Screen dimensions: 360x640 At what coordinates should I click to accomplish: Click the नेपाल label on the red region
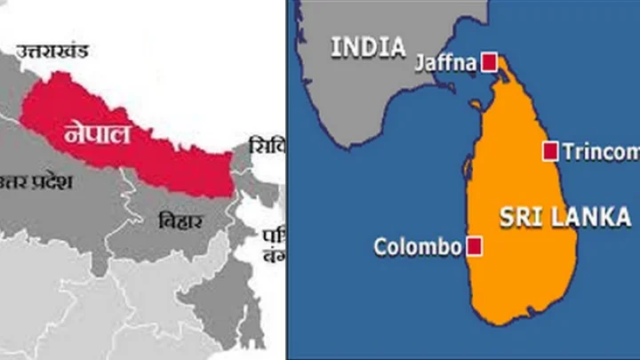98,136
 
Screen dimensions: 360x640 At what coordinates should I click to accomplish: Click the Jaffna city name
444,62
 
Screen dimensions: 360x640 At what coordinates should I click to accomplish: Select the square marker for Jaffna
489,61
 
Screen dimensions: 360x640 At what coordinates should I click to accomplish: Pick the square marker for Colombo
476,246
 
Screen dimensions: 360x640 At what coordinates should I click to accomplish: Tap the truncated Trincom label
601,152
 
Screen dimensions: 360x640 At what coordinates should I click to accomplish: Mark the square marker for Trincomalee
550,151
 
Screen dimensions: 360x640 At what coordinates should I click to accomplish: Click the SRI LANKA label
564,217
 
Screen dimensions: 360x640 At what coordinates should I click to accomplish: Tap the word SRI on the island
519,217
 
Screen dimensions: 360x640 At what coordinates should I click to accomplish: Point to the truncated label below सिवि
271,244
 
